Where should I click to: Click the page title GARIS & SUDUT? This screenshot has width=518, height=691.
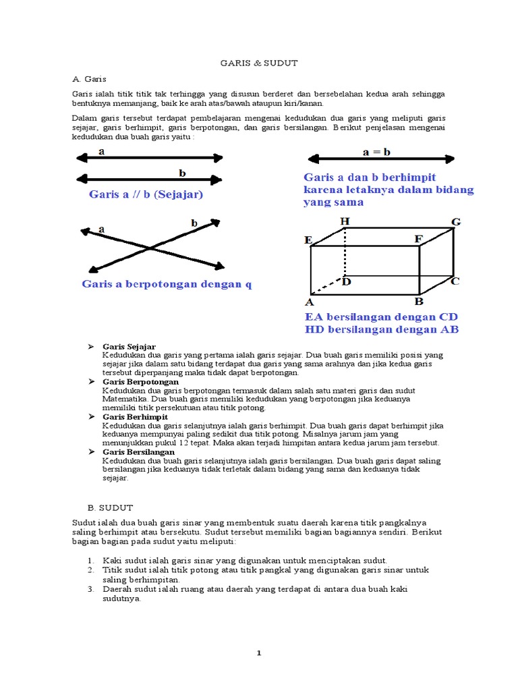tap(259, 63)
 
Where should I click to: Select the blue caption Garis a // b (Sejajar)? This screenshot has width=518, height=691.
tap(146, 194)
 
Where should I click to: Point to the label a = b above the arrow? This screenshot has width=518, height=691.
tap(376, 152)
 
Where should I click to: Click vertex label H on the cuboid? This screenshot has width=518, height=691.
tap(345, 221)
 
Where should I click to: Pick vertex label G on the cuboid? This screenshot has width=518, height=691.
tap(456, 221)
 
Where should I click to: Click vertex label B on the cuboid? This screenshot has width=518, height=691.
tap(418, 302)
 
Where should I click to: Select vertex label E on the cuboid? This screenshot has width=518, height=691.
tap(308, 240)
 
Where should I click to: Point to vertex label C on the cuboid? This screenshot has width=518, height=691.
tap(455, 281)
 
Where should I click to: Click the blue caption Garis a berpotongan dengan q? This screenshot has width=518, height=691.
tap(167, 283)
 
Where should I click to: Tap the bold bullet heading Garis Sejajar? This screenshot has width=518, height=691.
tap(129, 346)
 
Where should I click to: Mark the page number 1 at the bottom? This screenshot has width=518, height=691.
tap(259, 653)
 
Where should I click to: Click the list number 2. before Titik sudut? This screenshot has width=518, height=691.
tap(90, 570)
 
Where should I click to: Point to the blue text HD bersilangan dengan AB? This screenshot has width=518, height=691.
tap(382, 329)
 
